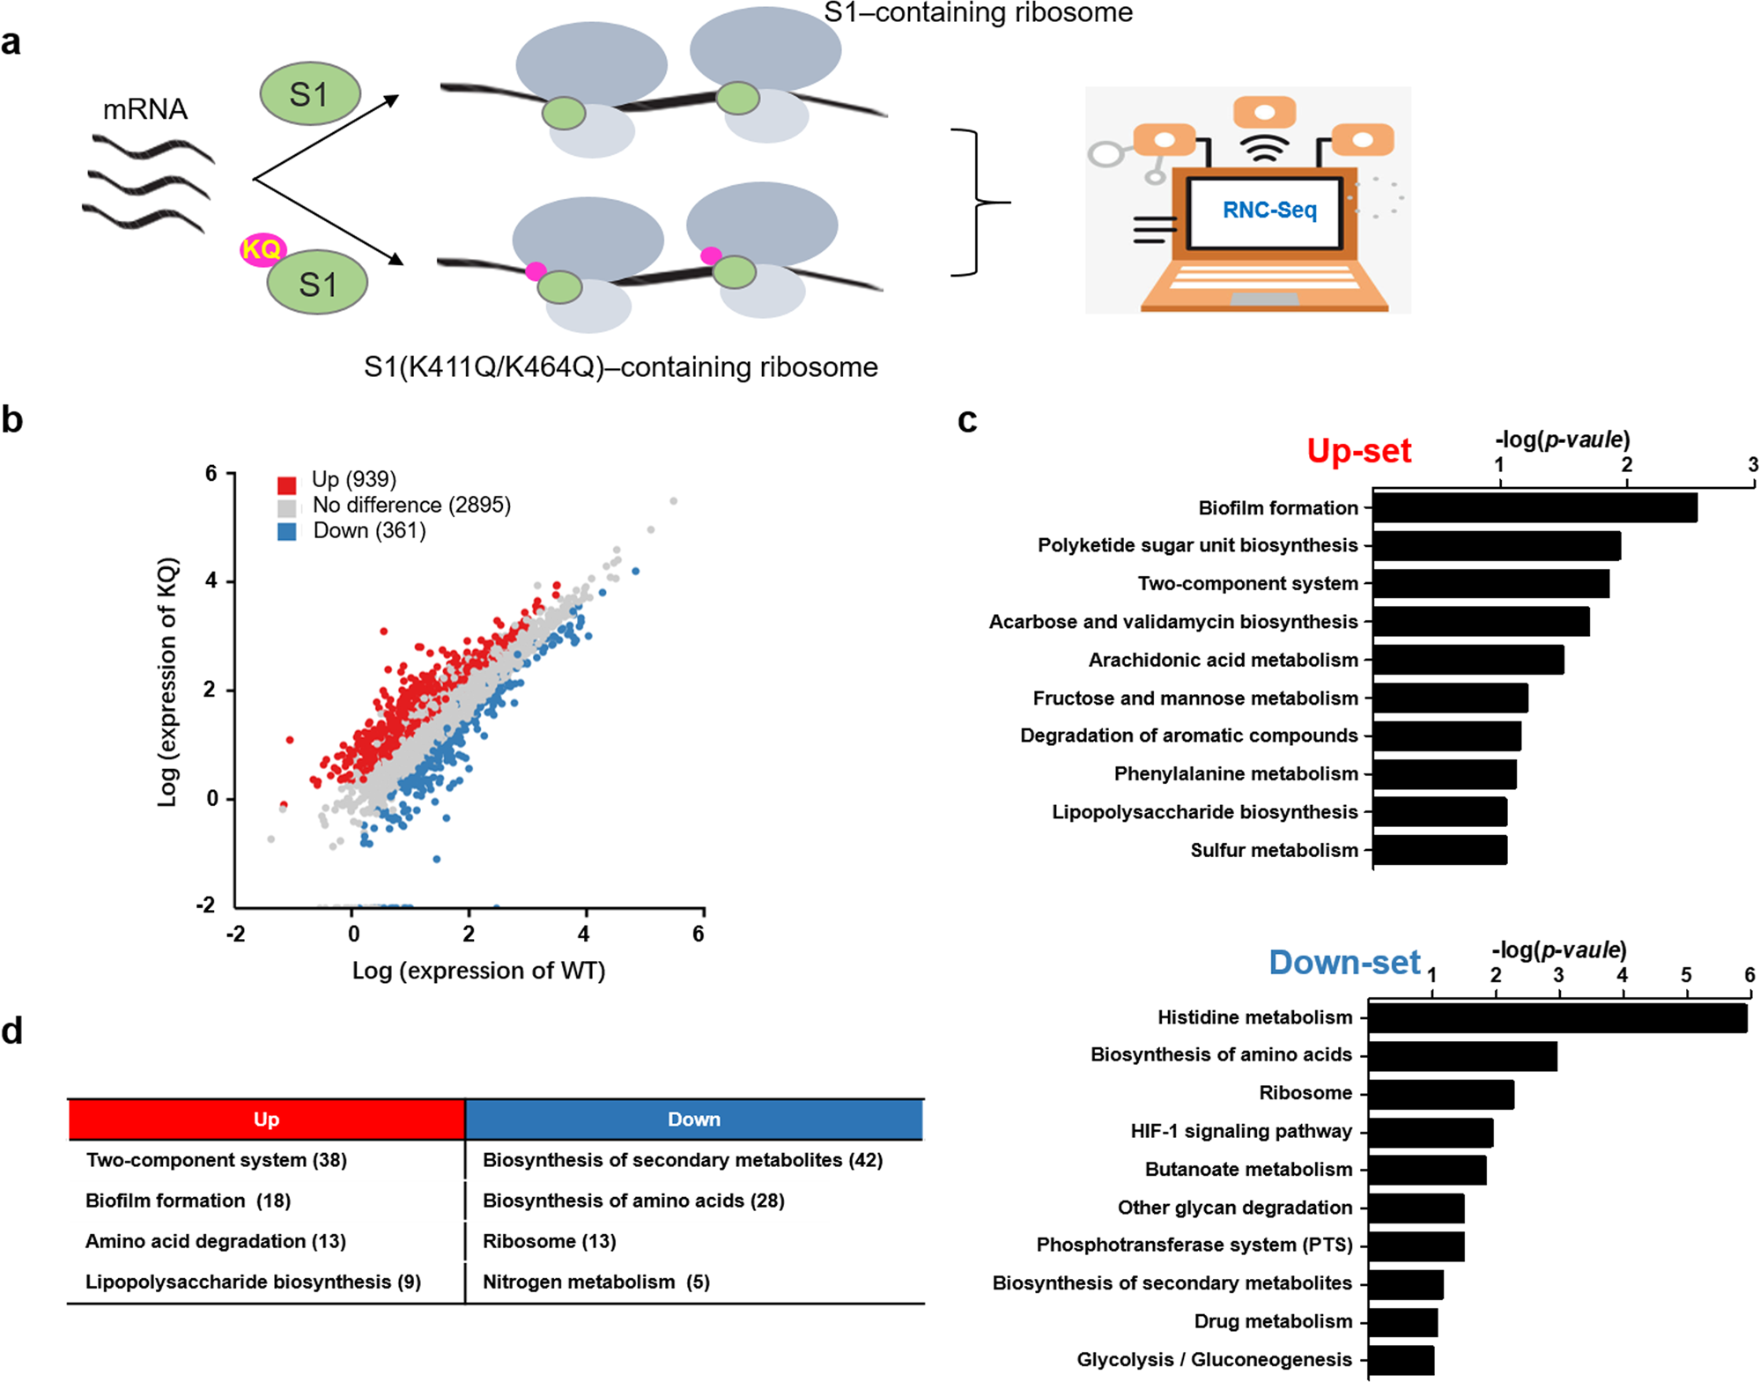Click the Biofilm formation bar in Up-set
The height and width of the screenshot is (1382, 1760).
tap(1534, 508)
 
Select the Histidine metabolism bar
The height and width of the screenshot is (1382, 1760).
tap(1557, 1018)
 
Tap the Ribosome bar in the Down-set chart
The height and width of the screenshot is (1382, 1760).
tap(1441, 1094)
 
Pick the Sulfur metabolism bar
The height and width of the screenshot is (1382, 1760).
tap(1439, 850)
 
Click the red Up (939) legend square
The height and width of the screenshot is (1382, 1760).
tap(286, 484)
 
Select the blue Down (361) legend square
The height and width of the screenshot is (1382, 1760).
tap(286, 531)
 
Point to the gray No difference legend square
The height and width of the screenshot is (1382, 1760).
tap(286, 508)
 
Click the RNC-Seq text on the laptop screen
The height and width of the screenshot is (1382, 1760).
tap(1268, 210)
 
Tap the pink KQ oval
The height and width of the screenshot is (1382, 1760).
tap(262, 249)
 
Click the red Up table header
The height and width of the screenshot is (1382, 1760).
tap(266, 1119)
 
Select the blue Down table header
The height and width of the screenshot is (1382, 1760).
tap(694, 1119)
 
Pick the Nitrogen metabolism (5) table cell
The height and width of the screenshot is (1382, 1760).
tap(595, 1282)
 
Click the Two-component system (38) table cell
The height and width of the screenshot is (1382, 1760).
tap(216, 1160)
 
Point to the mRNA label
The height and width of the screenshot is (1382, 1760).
tap(145, 109)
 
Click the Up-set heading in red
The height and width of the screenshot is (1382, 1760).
tap(1358, 451)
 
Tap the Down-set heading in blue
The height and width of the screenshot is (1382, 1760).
tap(1344, 962)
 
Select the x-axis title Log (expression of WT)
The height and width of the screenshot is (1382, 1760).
tap(478, 971)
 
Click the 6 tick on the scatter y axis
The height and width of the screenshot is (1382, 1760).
tap(211, 474)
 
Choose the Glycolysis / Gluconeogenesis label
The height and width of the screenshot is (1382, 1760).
tap(1214, 1359)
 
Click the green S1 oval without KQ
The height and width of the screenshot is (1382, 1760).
tap(310, 93)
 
